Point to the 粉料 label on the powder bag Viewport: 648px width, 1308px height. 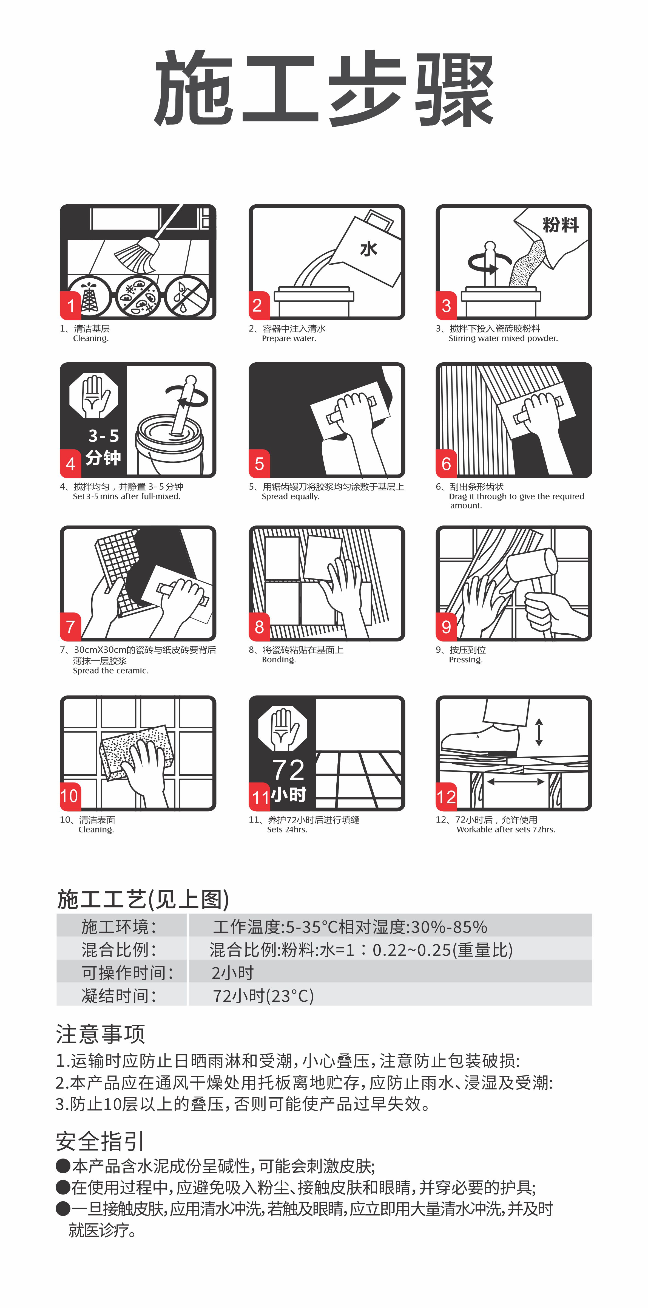tap(560, 224)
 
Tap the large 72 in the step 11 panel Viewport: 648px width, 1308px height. tap(288, 770)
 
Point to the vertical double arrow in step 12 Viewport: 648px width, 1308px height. tap(539, 732)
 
